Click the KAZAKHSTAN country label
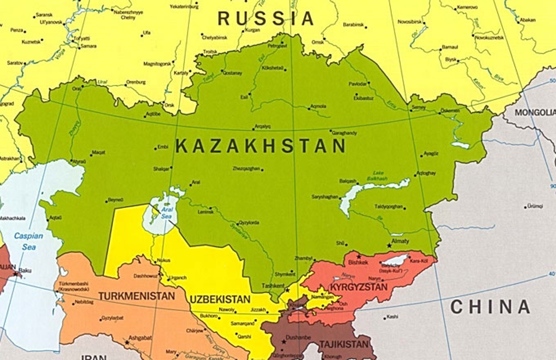tap(261, 146)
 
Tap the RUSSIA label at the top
tap(265, 19)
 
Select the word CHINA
tap(490, 307)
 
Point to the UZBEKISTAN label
tap(220, 299)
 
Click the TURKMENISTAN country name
tap(137, 296)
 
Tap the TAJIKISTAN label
tap(343, 344)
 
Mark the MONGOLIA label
tap(531, 112)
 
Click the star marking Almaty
tap(389, 245)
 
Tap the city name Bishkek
tap(358, 262)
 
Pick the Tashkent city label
tap(273, 285)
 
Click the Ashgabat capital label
tap(140, 338)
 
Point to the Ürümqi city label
tap(535, 206)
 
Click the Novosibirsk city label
tap(409, 22)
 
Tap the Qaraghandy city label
tap(345, 133)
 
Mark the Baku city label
tap(25, 270)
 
